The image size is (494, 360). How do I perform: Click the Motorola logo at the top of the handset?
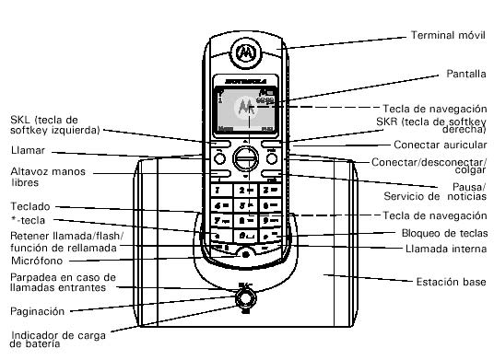(x=245, y=52)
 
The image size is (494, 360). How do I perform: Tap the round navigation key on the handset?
(x=244, y=157)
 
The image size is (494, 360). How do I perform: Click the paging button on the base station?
(x=244, y=297)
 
